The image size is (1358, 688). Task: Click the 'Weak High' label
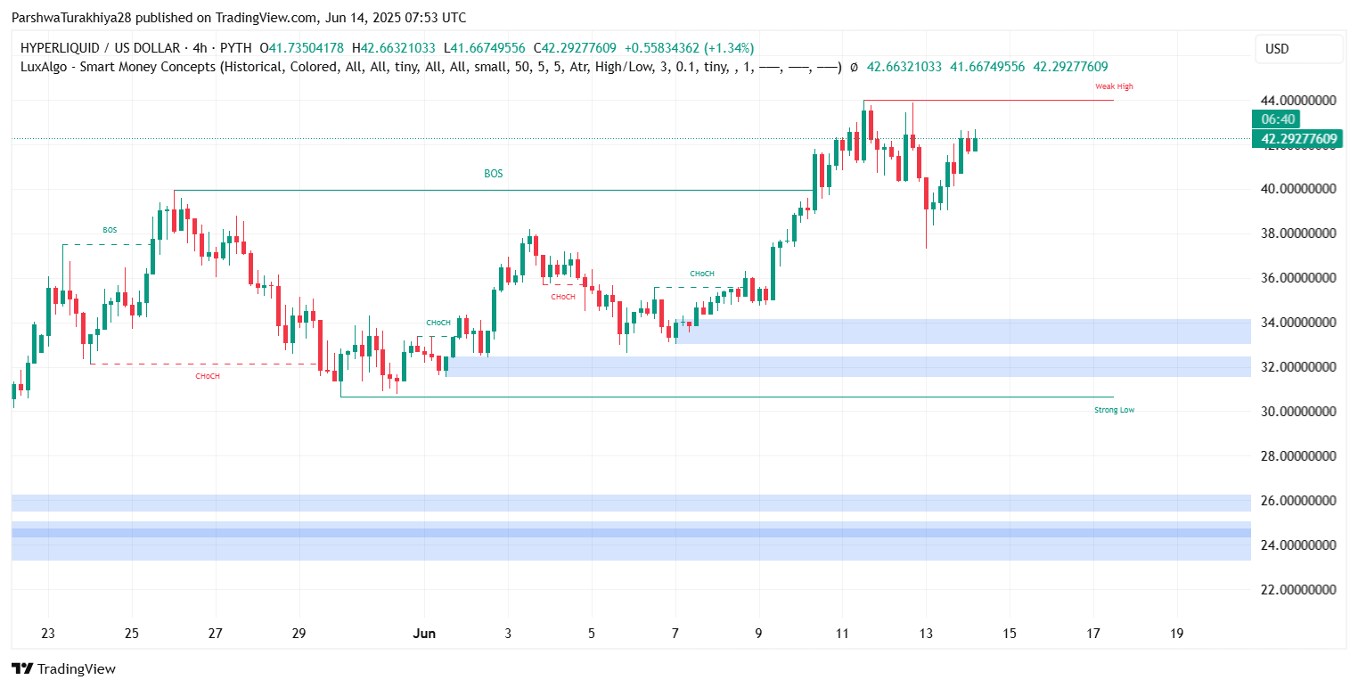tap(1114, 86)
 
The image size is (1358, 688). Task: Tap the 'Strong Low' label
tap(1114, 410)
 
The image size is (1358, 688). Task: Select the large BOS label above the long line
tap(493, 174)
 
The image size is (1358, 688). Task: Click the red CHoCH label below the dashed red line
tap(208, 376)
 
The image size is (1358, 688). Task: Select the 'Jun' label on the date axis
tap(424, 634)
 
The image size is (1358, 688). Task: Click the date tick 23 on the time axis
tap(48, 634)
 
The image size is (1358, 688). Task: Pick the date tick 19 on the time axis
tap(1177, 634)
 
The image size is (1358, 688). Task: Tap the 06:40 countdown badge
tap(1278, 119)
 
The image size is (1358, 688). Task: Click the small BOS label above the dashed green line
tap(110, 230)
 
